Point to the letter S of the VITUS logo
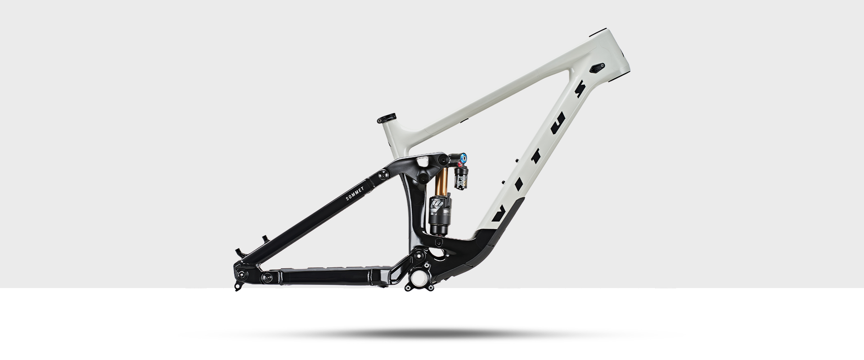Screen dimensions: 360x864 [580, 90]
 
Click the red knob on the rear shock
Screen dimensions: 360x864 [459, 166]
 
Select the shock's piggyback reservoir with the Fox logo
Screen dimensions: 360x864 [461, 180]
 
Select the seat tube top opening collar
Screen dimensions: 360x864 [387, 118]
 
